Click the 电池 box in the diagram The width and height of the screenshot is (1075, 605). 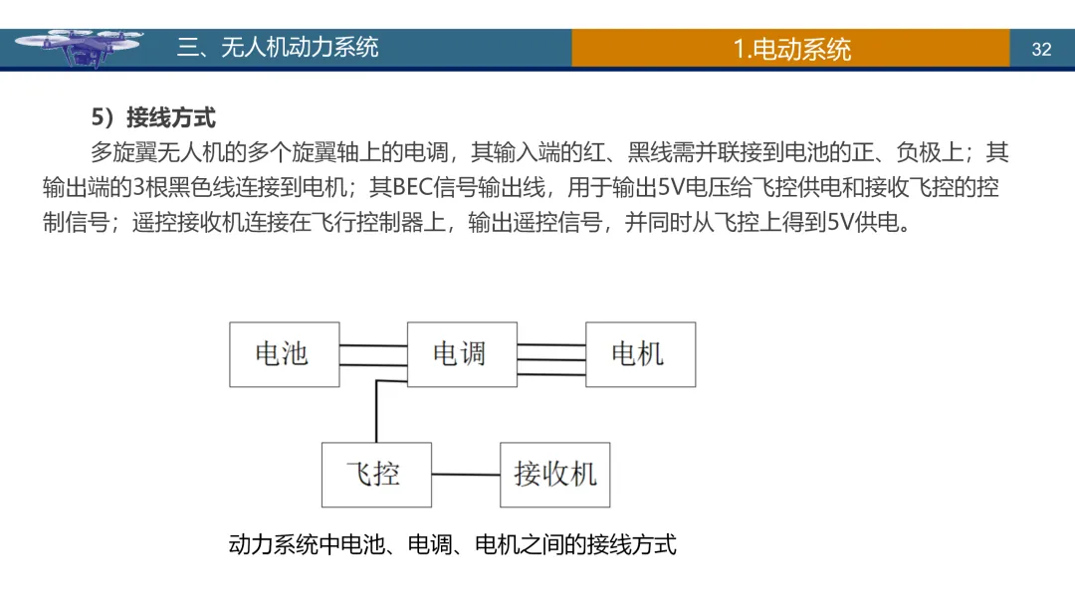click(x=284, y=354)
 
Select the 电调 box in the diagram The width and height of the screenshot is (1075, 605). click(x=462, y=354)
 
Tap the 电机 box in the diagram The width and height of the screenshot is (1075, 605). click(x=639, y=354)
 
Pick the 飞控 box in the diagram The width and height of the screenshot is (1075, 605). click(x=375, y=475)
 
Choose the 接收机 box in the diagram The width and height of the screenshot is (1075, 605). click(x=554, y=475)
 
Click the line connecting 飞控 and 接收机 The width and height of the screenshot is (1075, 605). click(x=465, y=475)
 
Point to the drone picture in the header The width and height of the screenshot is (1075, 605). click(x=85, y=48)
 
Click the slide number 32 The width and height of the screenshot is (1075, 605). click(x=1041, y=49)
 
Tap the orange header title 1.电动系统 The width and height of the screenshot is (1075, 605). click(x=791, y=49)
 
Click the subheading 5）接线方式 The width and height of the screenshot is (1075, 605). click(x=153, y=117)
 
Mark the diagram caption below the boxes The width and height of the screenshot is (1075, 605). click(x=452, y=544)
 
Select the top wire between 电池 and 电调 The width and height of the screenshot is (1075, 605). click(x=373, y=345)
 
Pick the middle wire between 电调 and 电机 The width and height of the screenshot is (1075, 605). click(x=550, y=359)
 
